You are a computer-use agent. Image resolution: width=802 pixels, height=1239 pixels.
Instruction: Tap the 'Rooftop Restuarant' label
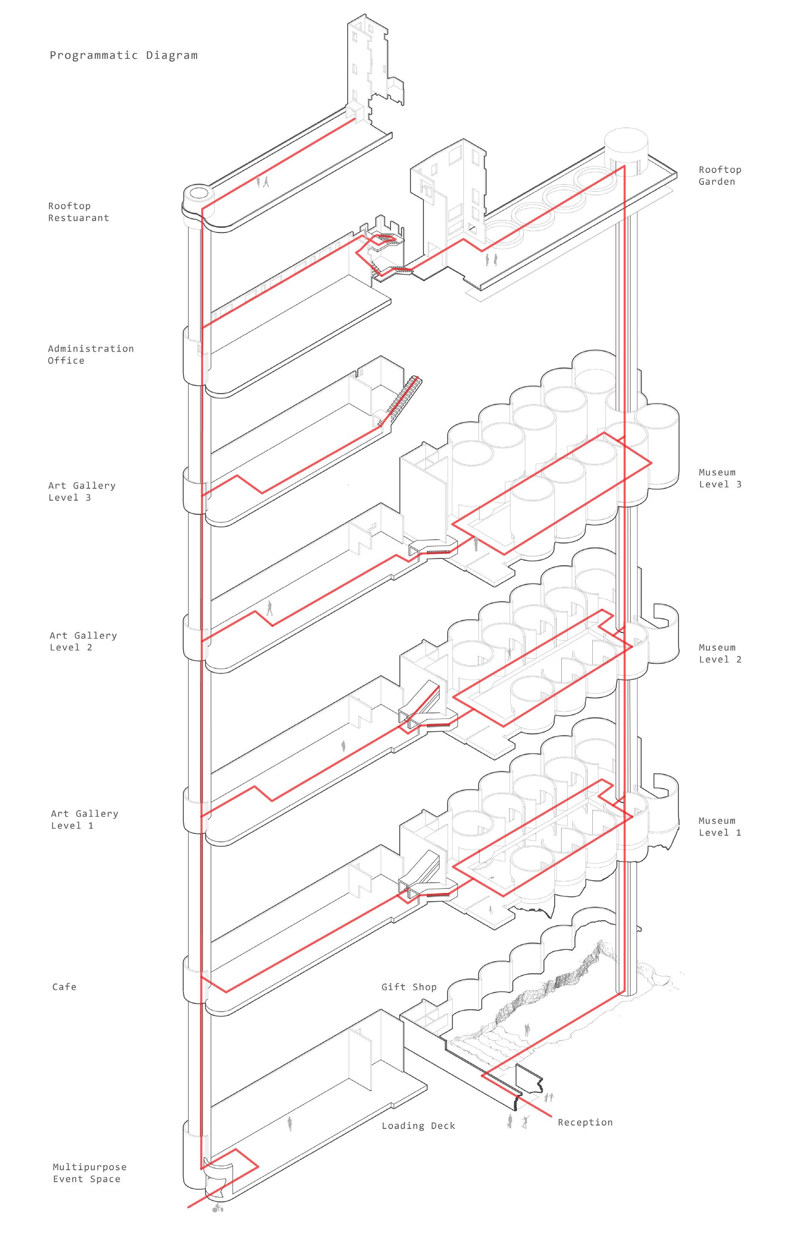point(79,212)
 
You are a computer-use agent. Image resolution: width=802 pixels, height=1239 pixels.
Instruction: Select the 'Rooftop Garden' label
point(719,175)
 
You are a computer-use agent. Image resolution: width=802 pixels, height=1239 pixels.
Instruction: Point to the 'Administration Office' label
point(91,355)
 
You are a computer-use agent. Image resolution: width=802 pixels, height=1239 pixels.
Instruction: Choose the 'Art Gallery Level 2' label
point(83,641)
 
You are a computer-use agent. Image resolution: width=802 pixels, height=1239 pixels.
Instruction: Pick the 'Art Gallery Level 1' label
point(84,819)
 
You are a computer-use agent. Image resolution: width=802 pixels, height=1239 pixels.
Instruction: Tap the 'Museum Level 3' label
point(719,478)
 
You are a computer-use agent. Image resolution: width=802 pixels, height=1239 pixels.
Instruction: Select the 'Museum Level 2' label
point(719,653)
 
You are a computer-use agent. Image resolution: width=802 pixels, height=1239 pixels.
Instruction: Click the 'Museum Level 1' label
point(719,827)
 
